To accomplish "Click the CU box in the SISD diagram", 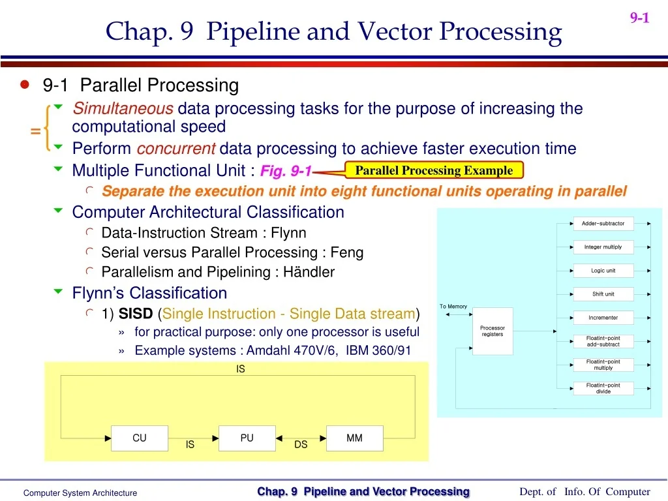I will click(x=140, y=438).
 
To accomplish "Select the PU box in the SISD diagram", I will click(x=247, y=438).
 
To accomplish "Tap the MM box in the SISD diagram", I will click(x=354, y=438).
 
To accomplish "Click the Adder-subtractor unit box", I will click(x=603, y=224).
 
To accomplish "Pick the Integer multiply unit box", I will click(x=603, y=247).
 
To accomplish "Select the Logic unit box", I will click(x=603, y=271).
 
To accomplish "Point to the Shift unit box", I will click(x=603, y=294).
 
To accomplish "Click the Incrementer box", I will click(x=603, y=318).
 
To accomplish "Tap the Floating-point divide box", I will click(x=603, y=388).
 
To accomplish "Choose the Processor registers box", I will click(x=493, y=331).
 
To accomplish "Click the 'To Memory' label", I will click(x=453, y=307).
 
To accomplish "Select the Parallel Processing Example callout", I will click(x=434, y=171).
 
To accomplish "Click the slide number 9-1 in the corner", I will click(x=639, y=18).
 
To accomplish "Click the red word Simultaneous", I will click(x=123, y=108).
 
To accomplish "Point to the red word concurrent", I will click(x=176, y=149).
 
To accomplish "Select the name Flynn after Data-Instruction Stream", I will click(x=288, y=233).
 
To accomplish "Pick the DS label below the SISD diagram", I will click(x=301, y=445).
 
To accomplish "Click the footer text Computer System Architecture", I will click(x=80, y=493).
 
